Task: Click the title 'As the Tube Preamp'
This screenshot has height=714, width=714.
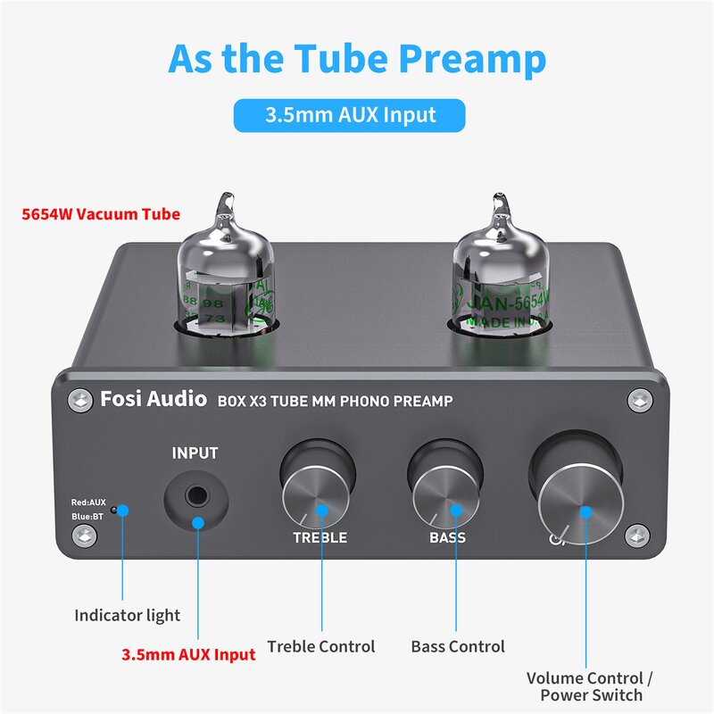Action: pos(356,59)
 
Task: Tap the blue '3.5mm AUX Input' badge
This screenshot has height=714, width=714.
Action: pos(349,115)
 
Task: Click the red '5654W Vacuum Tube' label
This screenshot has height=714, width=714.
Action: pos(101,214)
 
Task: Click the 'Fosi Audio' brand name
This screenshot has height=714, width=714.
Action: pos(154,400)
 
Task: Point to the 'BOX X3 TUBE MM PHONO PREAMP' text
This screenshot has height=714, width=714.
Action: pos(335,402)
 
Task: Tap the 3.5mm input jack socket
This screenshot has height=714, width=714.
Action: pos(195,494)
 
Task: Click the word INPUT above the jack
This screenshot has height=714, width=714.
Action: pos(195,452)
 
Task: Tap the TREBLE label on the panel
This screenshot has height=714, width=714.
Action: pos(320,538)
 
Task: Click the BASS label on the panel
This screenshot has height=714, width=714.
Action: pos(447,538)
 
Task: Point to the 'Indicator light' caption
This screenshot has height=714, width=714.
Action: pos(127,615)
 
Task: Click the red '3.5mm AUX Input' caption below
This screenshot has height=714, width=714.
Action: pos(188,654)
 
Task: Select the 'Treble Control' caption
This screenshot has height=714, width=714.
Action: pos(321,646)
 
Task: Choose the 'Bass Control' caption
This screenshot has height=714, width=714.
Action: pos(458,646)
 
